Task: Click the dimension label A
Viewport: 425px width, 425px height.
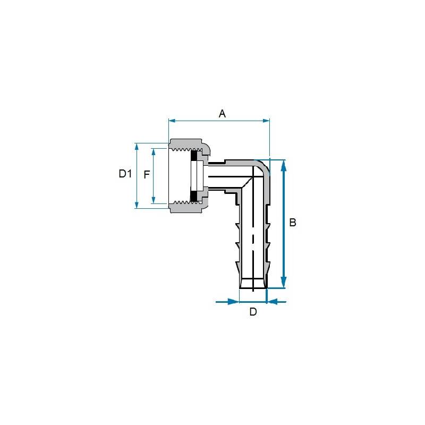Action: [x=222, y=114]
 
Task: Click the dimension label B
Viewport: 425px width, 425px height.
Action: [x=293, y=222]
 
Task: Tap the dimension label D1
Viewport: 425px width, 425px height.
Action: [x=125, y=174]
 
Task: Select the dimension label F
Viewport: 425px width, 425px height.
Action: [x=147, y=175]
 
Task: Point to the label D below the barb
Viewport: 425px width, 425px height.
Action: [x=253, y=312]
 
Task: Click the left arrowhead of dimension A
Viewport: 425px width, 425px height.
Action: [x=172, y=121]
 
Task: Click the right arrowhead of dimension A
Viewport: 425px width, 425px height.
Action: [x=266, y=121]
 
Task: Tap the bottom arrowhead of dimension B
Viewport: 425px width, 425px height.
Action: [x=284, y=282]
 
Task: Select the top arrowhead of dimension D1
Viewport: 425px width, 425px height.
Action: [x=137, y=147]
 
